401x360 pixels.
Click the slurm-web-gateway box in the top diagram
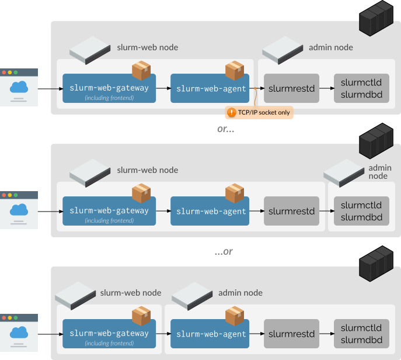(x=109, y=88)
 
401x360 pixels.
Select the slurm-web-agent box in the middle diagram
(x=210, y=211)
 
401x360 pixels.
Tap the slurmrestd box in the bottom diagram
(x=291, y=334)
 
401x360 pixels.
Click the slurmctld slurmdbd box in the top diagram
(x=361, y=88)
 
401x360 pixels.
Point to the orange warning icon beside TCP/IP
(x=232, y=112)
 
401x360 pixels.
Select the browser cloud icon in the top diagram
(x=19, y=88)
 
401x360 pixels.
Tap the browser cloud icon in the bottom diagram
(x=19, y=333)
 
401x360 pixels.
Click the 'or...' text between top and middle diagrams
(x=225, y=130)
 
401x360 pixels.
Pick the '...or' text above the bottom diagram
(x=224, y=252)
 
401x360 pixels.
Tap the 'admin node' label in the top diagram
(x=330, y=47)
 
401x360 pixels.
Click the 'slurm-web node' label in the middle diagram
(x=148, y=170)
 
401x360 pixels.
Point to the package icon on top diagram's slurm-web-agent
(x=235, y=70)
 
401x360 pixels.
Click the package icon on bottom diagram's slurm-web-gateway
(x=141, y=316)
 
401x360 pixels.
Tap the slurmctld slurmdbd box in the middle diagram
(x=361, y=211)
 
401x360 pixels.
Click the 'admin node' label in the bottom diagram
(x=240, y=293)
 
